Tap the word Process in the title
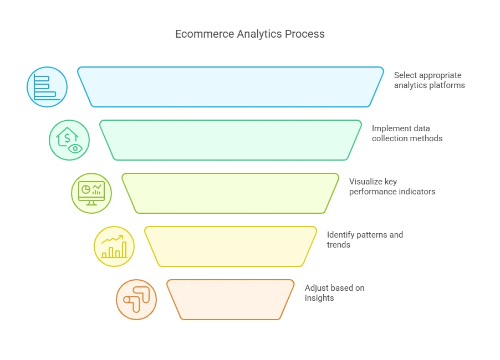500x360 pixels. coord(304,34)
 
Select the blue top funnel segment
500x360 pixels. coord(231,87)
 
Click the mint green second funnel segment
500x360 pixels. coord(231,140)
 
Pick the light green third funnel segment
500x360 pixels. coord(231,193)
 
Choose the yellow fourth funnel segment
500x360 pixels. coord(231,246)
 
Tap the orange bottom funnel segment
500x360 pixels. coord(231,300)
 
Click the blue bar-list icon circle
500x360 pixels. coord(47,87)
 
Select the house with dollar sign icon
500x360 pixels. coord(69,140)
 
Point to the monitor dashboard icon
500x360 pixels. coord(91,193)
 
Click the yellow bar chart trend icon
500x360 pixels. coord(114,246)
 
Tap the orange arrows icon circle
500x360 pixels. coord(136,300)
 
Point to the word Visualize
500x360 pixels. coord(365,182)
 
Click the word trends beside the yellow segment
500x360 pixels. coord(339,245)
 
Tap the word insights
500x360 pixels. coord(319,298)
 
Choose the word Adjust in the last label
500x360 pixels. coord(317,288)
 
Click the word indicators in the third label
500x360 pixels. coord(416,192)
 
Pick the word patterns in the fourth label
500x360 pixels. coord(373,235)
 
